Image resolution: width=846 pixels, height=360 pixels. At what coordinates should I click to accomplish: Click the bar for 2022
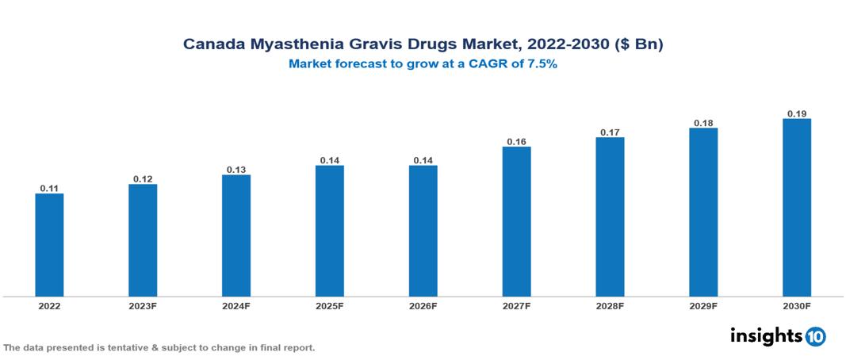(49, 245)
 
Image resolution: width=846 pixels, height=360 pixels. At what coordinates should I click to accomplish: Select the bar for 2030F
(797, 208)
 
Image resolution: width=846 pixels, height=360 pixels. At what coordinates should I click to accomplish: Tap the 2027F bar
(516, 222)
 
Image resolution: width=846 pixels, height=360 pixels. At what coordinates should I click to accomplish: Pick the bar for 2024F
(236, 236)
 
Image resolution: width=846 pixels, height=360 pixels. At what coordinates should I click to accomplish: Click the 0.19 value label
(797, 113)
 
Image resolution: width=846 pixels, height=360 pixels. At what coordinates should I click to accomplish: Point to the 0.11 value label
(49, 188)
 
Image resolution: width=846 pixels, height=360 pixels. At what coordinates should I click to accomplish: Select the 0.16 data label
(516, 141)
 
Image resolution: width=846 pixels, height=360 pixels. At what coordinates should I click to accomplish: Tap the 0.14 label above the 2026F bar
(423, 160)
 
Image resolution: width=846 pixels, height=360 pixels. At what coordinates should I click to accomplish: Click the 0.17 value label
(610, 132)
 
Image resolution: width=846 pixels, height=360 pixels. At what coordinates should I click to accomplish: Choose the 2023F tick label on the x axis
(143, 306)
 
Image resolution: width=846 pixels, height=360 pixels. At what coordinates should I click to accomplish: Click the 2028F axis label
(610, 306)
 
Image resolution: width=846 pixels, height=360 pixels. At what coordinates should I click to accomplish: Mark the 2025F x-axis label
(330, 306)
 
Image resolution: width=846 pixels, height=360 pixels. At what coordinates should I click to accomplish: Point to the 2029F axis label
(703, 306)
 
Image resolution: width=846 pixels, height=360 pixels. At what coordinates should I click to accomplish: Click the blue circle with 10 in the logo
(815, 336)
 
